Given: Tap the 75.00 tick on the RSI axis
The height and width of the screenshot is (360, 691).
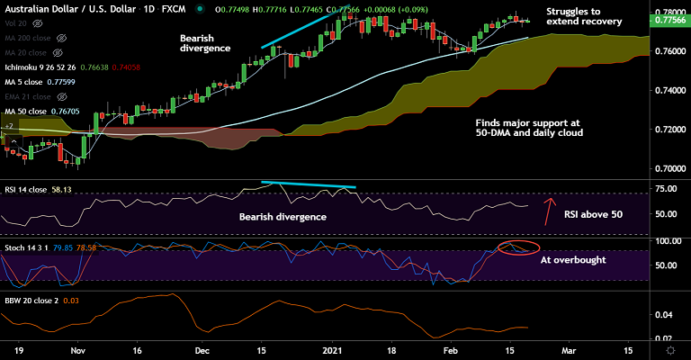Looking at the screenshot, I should coord(667,189).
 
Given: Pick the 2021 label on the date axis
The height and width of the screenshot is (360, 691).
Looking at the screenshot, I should coord(332,347).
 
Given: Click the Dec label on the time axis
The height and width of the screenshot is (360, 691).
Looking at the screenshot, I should coord(202,347).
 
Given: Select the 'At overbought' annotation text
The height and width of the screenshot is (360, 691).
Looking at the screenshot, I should coord(571,259).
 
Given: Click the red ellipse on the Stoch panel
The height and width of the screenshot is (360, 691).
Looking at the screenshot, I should coord(518,247).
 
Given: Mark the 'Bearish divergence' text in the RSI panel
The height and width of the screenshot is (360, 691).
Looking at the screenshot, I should coord(283,217).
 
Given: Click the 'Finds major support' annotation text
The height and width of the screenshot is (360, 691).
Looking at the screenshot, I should coord(530,126).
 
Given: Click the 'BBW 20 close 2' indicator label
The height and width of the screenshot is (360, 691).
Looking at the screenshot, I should coord(32,300).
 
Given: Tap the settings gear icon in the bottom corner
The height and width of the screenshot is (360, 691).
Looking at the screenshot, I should coord(670,347).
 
